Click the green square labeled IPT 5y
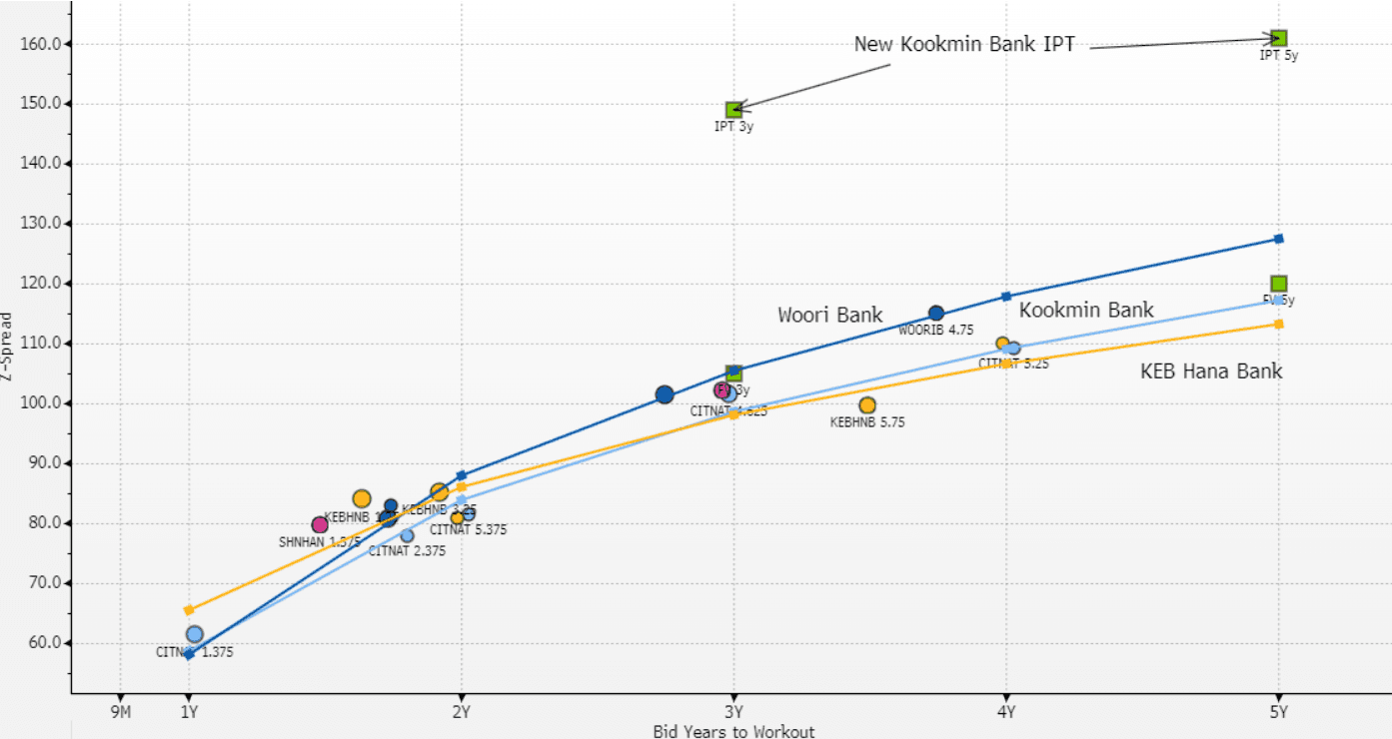tap(1278, 38)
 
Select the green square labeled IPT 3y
tap(733, 110)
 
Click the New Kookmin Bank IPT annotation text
tap(964, 44)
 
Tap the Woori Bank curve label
tap(830, 316)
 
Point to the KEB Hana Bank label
tap(1211, 371)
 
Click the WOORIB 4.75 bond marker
tap(936, 314)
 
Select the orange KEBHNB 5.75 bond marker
tap(867, 405)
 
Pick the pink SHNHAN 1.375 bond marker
tap(320, 525)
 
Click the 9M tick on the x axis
tap(120, 712)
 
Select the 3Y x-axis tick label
tap(733, 712)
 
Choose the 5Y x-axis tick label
tap(1278, 712)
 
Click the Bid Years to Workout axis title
tap(733, 732)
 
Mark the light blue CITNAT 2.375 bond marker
tap(407, 536)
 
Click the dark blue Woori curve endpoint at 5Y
tap(1278, 239)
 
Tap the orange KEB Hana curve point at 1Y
tap(189, 610)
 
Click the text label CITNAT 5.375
tap(468, 530)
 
